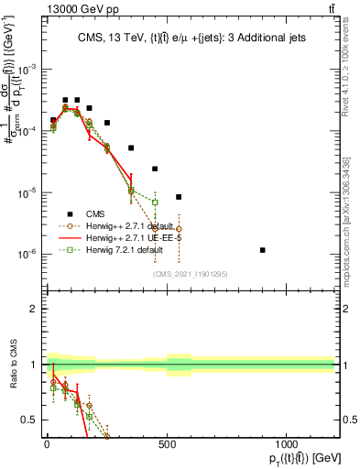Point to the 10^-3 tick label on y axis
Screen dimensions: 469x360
click(x=27, y=70)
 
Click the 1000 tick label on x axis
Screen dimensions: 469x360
click(x=287, y=442)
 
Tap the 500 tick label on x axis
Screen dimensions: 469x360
click(x=167, y=442)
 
